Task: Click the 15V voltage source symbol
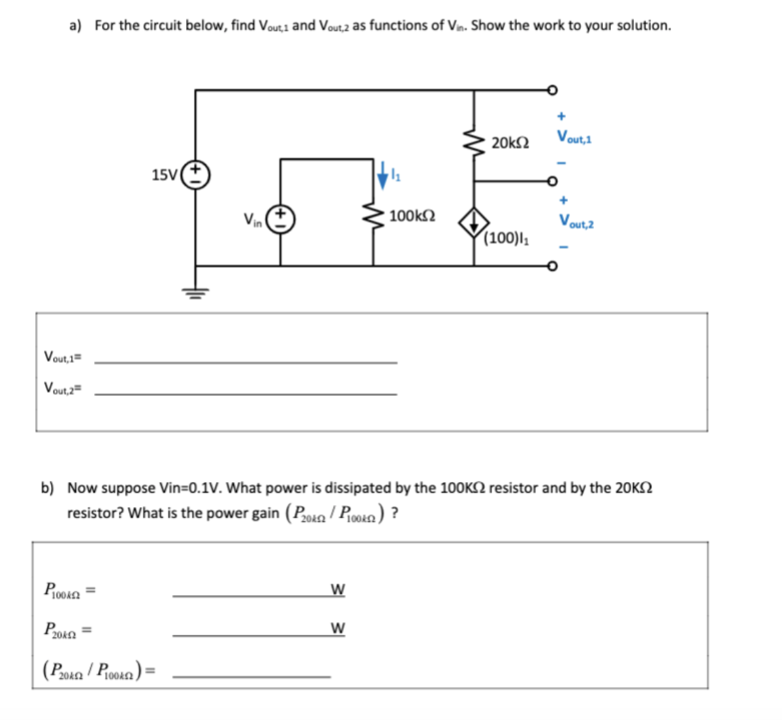[x=195, y=174]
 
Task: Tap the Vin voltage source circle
[x=281, y=220]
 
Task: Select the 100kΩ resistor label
[x=413, y=215]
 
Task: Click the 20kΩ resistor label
[x=510, y=142]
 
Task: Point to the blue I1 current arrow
[x=384, y=175]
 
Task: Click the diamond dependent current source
[x=473, y=223]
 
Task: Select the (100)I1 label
[x=507, y=238]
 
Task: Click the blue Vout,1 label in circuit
[x=574, y=137]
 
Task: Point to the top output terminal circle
[x=552, y=90]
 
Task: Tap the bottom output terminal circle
[x=552, y=267]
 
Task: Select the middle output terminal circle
[x=552, y=181]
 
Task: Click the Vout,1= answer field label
[x=62, y=357]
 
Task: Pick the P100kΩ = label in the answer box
[x=69, y=591]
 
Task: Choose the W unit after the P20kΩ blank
[x=337, y=629]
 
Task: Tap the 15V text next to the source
[x=164, y=175]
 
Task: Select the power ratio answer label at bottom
[x=98, y=670]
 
